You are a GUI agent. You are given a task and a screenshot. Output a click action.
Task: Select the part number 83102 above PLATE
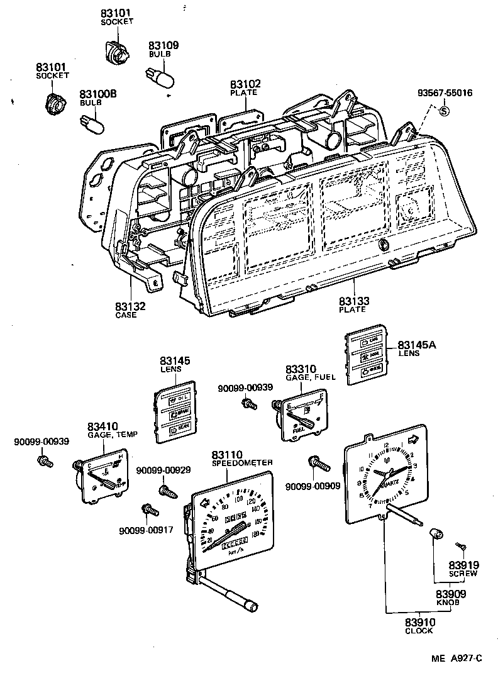(x=245, y=84)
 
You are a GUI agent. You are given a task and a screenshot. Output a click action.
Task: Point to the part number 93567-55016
(x=445, y=93)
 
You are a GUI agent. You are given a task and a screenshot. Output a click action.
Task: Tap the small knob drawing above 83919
(x=434, y=534)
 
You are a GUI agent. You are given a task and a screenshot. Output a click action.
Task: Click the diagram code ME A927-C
(x=456, y=659)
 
